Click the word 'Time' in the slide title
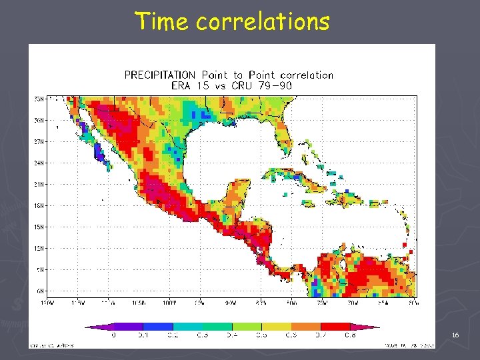162,21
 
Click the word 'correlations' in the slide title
263,21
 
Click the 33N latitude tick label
40,99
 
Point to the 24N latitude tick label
40,163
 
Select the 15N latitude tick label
40,227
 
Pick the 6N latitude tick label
41,291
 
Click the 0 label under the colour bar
113,335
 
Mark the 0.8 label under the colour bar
351,335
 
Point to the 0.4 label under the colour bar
232,335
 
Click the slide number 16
455,335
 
